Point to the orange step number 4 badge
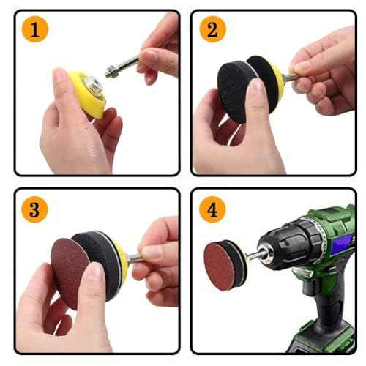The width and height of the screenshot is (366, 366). pyautogui.click(x=212, y=209)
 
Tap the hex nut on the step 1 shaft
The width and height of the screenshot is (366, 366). pyautogui.click(x=111, y=72)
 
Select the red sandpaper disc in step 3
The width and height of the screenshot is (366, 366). pyautogui.click(x=70, y=260)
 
